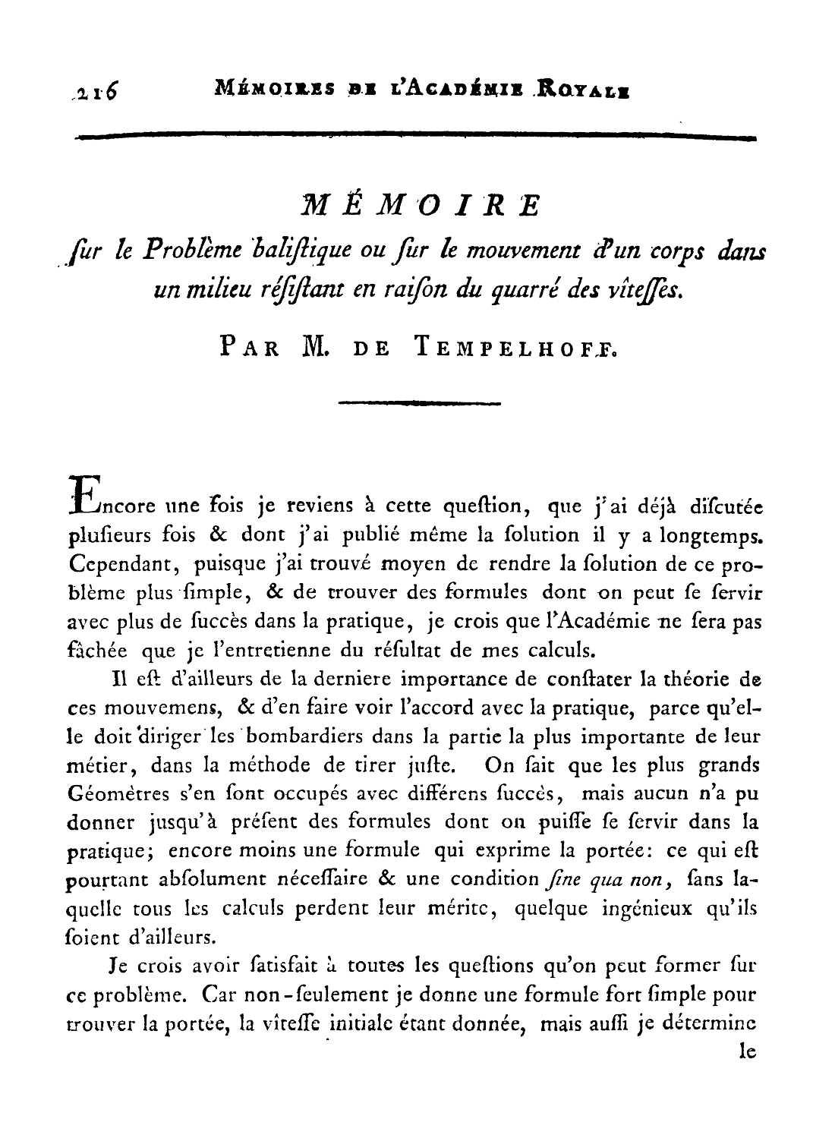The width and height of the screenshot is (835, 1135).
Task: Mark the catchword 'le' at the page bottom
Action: (747, 1053)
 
